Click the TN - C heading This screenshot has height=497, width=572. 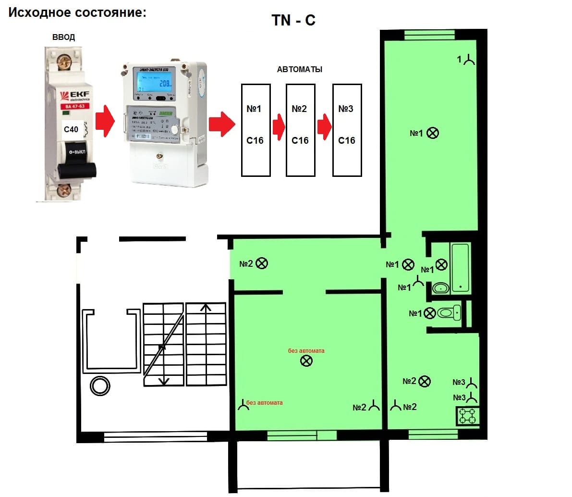click(293, 20)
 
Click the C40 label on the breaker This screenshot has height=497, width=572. click(71, 129)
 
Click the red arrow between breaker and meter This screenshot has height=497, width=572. click(105, 123)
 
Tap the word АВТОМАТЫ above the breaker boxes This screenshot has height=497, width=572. click(300, 70)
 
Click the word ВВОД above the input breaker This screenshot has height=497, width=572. click(64, 37)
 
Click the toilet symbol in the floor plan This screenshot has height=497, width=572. click(450, 313)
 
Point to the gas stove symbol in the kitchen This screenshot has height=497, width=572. click(467, 416)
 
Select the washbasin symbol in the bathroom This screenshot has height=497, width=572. click(441, 288)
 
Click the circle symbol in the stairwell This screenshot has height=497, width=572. click(100, 385)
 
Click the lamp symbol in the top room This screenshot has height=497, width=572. click(433, 133)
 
